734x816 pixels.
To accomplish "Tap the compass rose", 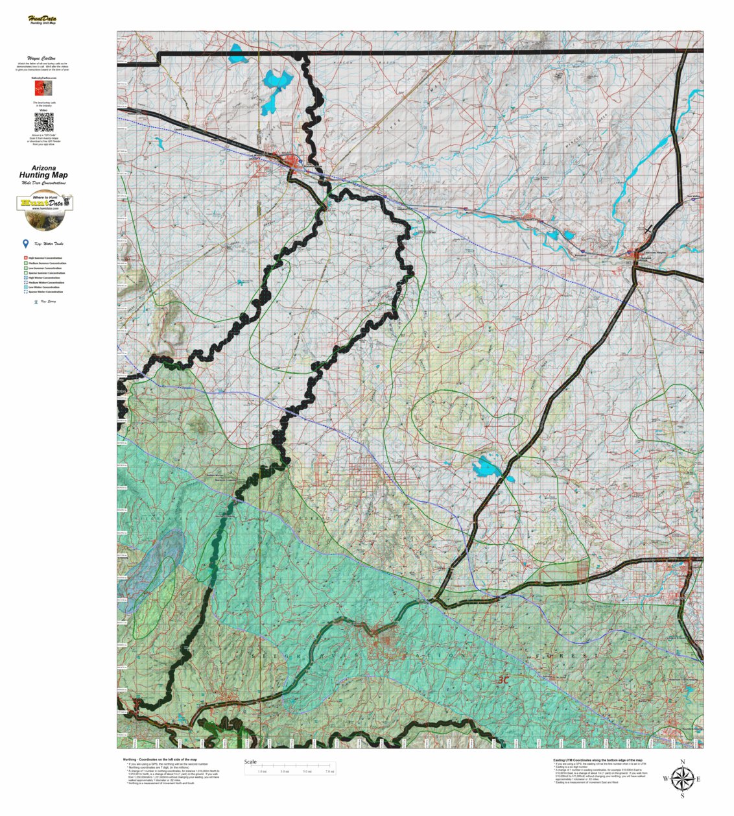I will (681, 778).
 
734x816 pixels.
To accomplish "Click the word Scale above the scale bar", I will (250, 762).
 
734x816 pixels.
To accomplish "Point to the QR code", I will (43, 122).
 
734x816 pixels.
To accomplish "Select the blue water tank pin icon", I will (25, 244).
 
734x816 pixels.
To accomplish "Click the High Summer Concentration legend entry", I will (45, 258).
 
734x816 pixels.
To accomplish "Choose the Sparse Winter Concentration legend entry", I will (45, 292).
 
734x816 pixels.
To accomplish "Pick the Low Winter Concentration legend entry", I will (45, 287).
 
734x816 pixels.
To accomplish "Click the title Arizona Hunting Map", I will (43, 172).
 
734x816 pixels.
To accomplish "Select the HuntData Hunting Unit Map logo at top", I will (42, 20).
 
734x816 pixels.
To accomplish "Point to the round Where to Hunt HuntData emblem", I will (44, 212).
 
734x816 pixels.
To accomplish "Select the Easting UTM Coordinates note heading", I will (597, 760).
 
